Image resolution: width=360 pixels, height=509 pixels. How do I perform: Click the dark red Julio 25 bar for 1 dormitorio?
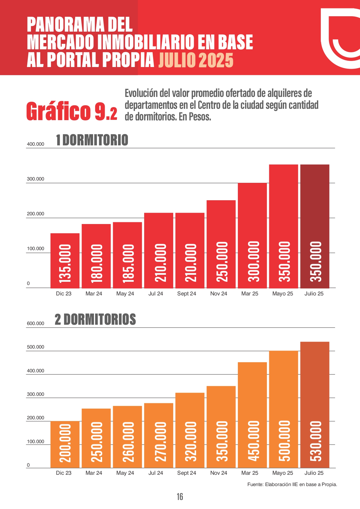click(x=314, y=226)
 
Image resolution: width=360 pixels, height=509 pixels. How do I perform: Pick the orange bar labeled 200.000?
click(x=65, y=444)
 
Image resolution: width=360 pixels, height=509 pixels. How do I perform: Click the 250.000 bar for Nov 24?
click(x=221, y=244)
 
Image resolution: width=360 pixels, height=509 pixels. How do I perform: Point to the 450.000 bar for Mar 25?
click(x=252, y=415)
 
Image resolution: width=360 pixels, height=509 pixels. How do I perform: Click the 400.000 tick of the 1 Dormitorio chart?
click(x=35, y=144)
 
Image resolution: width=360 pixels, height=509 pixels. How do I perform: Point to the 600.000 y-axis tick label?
click(x=35, y=324)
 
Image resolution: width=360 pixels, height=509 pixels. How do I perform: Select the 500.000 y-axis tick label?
click(x=35, y=347)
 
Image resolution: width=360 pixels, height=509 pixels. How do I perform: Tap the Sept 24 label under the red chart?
click(x=187, y=294)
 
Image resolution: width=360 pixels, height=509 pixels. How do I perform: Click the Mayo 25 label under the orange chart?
click(x=283, y=473)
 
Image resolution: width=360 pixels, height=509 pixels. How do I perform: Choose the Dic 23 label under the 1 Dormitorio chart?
click(x=64, y=294)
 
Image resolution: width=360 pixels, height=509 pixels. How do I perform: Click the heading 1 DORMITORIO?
click(x=92, y=140)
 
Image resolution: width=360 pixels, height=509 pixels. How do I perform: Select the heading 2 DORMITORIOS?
click(x=95, y=320)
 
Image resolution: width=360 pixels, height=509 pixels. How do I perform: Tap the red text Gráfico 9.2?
click(x=72, y=111)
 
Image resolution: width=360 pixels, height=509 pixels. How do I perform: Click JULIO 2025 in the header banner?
click(x=196, y=60)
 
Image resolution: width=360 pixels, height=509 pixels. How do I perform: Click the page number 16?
click(x=180, y=497)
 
